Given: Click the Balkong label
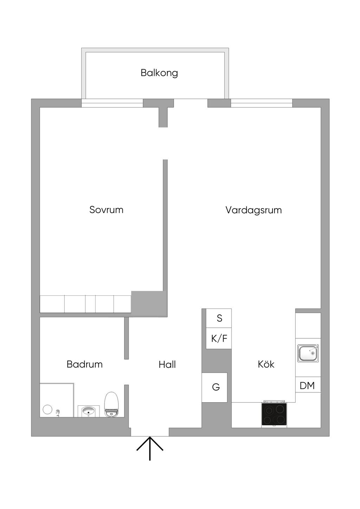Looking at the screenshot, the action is (x=159, y=73).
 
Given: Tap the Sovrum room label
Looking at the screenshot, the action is (x=107, y=210).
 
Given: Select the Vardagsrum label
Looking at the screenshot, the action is (x=253, y=210).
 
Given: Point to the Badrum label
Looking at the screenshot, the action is (x=85, y=364).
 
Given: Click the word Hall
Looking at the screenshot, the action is (x=167, y=365).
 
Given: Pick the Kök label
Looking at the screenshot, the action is (x=266, y=364).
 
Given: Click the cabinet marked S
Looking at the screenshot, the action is (x=219, y=318).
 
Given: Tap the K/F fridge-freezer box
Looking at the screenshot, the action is (x=219, y=338).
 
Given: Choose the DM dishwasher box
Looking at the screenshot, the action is (x=308, y=385).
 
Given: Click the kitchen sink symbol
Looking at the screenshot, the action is (x=308, y=353).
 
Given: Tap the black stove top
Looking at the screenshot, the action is (x=274, y=414).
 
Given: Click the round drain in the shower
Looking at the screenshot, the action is (x=47, y=410).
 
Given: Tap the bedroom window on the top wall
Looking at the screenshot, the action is (x=112, y=103).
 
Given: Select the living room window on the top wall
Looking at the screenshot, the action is (x=262, y=103).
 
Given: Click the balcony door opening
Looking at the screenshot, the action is (x=191, y=103).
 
